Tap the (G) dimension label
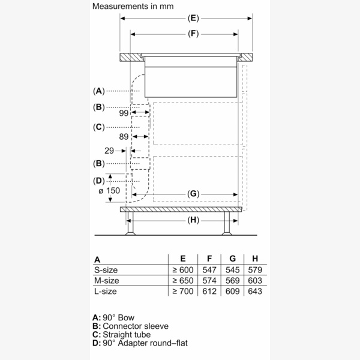193,194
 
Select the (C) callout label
99,127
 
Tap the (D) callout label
99,181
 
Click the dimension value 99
124,113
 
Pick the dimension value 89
124,137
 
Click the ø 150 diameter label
109,190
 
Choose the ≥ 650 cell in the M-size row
182,280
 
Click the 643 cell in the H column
254,291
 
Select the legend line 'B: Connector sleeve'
130,326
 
